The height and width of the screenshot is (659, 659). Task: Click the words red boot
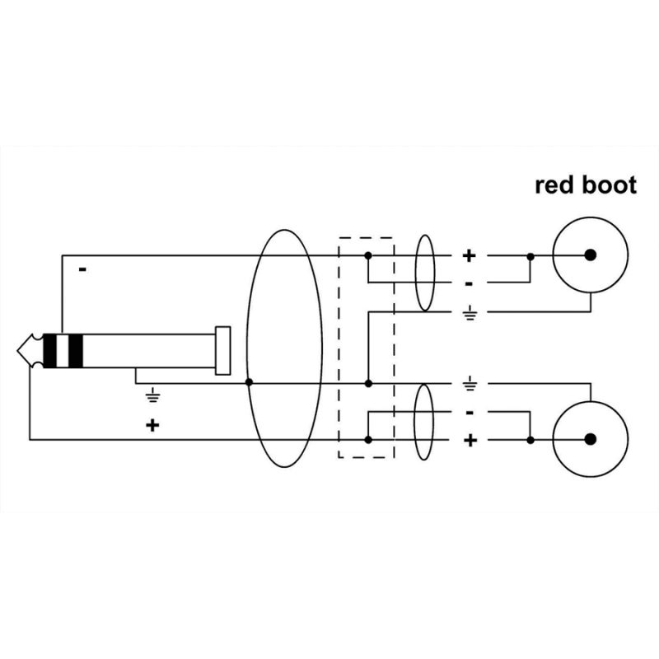[586, 185]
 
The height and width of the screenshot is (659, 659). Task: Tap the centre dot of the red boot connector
[590, 255]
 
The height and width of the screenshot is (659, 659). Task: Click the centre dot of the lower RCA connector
[590, 440]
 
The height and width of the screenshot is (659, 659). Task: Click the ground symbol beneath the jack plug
[152, 396]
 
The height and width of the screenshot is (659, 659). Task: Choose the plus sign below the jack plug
[152, 425]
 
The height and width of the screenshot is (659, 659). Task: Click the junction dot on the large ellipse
[248, 383]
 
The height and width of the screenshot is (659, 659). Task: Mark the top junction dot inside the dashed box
[368, 255]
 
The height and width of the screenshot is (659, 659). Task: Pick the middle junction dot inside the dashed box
[368, 383]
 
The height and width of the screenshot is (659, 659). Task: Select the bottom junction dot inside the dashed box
[368, 440]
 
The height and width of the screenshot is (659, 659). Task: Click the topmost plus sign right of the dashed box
[469, 255]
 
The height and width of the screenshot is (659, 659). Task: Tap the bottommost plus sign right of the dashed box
[470, 441]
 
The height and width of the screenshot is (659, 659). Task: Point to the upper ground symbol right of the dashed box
[470, 315]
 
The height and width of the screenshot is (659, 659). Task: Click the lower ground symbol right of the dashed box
[470, 384]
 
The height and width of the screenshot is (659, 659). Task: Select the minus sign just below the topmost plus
[469, 283]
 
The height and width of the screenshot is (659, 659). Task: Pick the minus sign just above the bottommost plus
[470, 411]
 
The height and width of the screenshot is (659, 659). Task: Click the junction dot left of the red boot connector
[530, 255]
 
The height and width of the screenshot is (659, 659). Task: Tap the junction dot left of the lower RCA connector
[530, 440]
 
